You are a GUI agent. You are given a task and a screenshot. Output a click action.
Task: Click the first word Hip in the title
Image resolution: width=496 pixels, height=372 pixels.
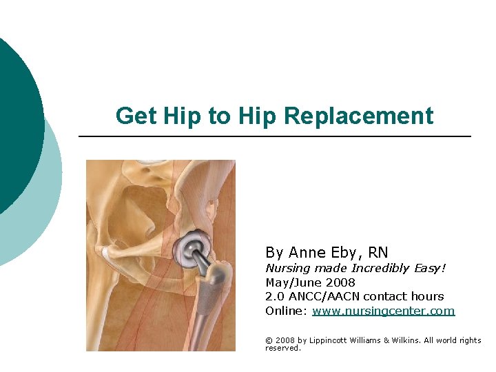pyautogui.click(x=175, y=116)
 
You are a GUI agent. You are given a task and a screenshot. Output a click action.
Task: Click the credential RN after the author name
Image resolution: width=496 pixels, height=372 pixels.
pyautogui.click(x=377, y=252)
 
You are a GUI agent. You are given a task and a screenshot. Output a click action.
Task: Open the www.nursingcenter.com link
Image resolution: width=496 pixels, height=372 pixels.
pyautogui.click(x=383, y=311)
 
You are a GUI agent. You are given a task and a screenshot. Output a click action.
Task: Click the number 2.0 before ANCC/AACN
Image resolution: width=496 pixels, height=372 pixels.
pyautogui.click(x=274, y=296)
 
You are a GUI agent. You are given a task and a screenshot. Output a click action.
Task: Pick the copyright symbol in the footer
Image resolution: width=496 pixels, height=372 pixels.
pyautogui.click(x=269, y=340)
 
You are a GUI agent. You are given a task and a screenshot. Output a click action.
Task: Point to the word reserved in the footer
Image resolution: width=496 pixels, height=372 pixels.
pyautogui.click(x=282, y=348)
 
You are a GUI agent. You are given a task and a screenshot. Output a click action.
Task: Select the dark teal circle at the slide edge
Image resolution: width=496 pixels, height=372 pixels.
pyautogui.click(x=17, y=124)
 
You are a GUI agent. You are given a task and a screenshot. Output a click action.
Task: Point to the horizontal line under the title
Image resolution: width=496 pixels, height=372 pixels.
pyautogui.click(x=276, y=136)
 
